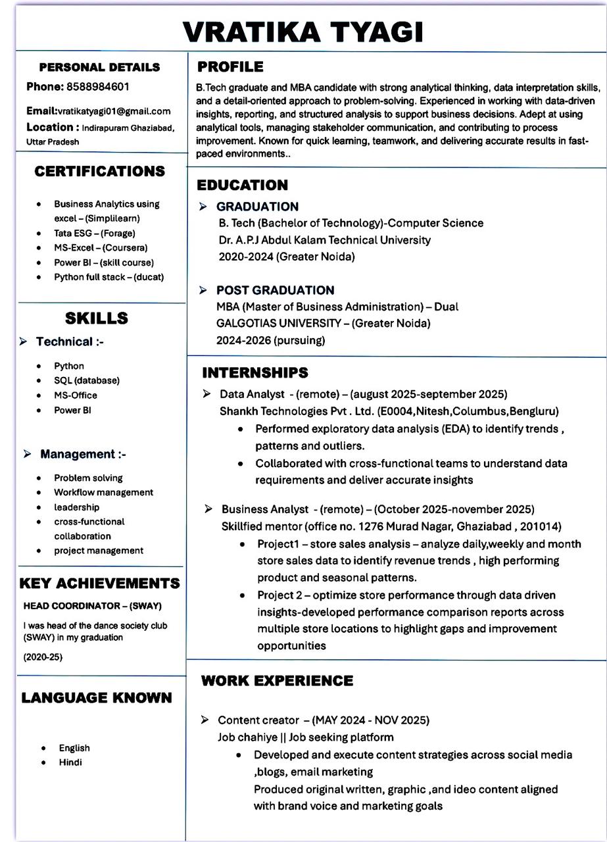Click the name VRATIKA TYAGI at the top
point(303,31)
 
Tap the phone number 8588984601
point(97,87)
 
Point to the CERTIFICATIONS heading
point(100,172)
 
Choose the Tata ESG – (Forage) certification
point(94,234)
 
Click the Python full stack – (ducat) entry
point(109,277)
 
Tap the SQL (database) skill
point(87,380)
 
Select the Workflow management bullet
point(103,492)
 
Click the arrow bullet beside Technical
point(24,341)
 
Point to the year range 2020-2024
point(245,257)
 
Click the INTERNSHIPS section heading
point(255,373)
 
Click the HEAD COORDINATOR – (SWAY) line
point(92,606)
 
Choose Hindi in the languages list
point(70,762)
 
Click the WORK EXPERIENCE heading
point(277,680)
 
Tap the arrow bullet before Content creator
point(206,720)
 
